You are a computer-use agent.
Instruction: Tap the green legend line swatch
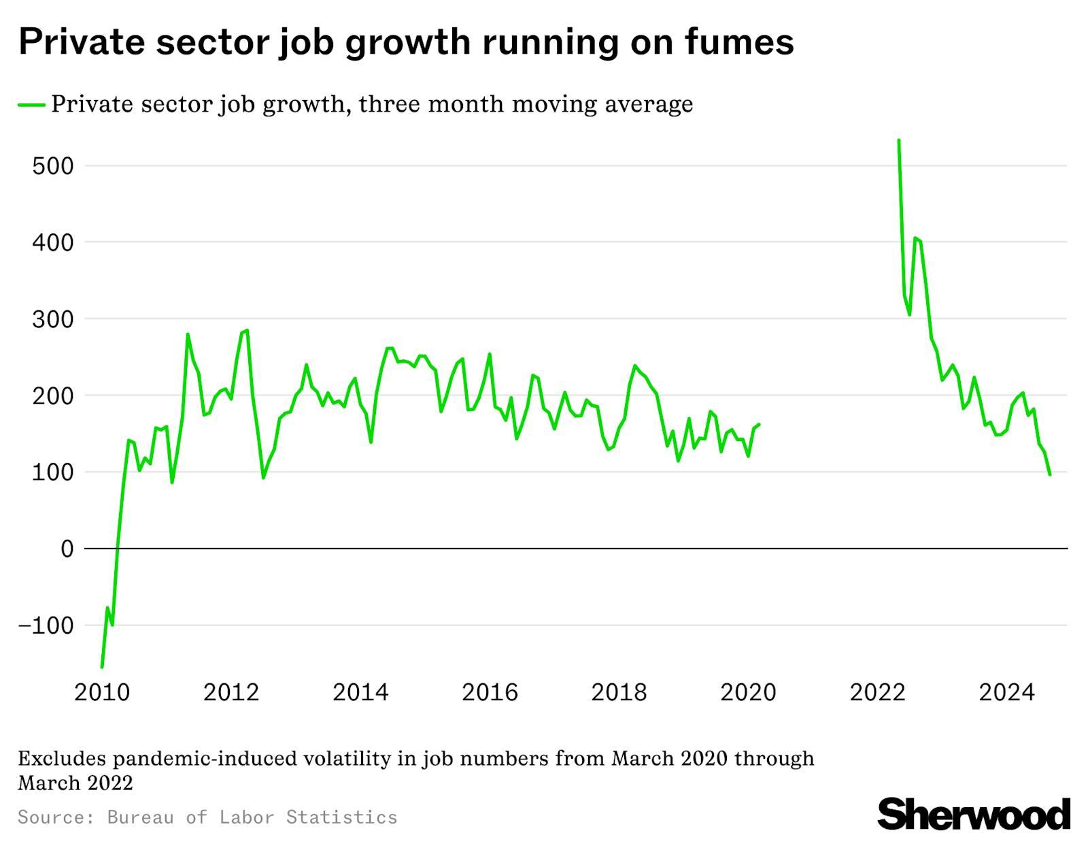point(32,105)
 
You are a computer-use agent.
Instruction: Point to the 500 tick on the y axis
point(52,166)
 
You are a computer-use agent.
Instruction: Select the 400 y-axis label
point(52,242)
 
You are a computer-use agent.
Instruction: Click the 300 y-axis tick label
point(52,319)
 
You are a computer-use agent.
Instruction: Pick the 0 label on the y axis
point(67,549)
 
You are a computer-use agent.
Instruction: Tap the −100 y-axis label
point(45,625)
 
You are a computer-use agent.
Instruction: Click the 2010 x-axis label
point(102,693)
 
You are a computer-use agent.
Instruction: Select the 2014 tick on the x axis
point(360,693)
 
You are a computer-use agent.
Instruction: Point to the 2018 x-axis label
point(619,693)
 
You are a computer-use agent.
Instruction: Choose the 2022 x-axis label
point(877,693)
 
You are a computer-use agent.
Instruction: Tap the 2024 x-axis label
point(1006,693)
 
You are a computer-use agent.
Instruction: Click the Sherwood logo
point(974,815)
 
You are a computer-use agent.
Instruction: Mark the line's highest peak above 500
point(899,140)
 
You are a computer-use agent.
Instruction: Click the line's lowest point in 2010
point(102,667)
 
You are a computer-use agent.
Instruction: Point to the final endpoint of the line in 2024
point(1050,474)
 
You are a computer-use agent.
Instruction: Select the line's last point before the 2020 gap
point(759,424)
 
